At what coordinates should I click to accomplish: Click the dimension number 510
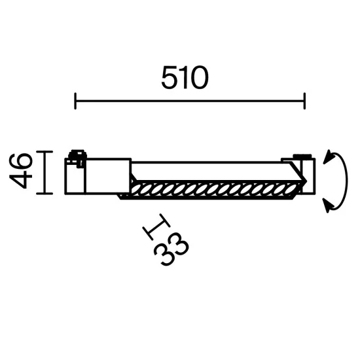[185, 79]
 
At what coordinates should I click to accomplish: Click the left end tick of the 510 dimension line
[75, 101]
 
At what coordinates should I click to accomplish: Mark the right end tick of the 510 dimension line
[304, 101]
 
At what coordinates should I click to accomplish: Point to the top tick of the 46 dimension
[43, 152]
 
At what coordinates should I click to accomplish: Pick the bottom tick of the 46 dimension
[43, 194]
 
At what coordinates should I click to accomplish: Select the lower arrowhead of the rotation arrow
[329, 207]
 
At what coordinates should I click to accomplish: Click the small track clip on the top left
[77, 156]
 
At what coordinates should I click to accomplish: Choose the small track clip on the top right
[302, 157]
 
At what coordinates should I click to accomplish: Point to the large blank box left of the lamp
[109, 175]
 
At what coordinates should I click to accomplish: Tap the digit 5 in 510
[170, 79]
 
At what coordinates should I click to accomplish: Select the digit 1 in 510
[185, 79]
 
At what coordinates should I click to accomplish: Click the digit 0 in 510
[200, 79]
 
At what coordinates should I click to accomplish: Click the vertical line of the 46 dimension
[43, 173]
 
